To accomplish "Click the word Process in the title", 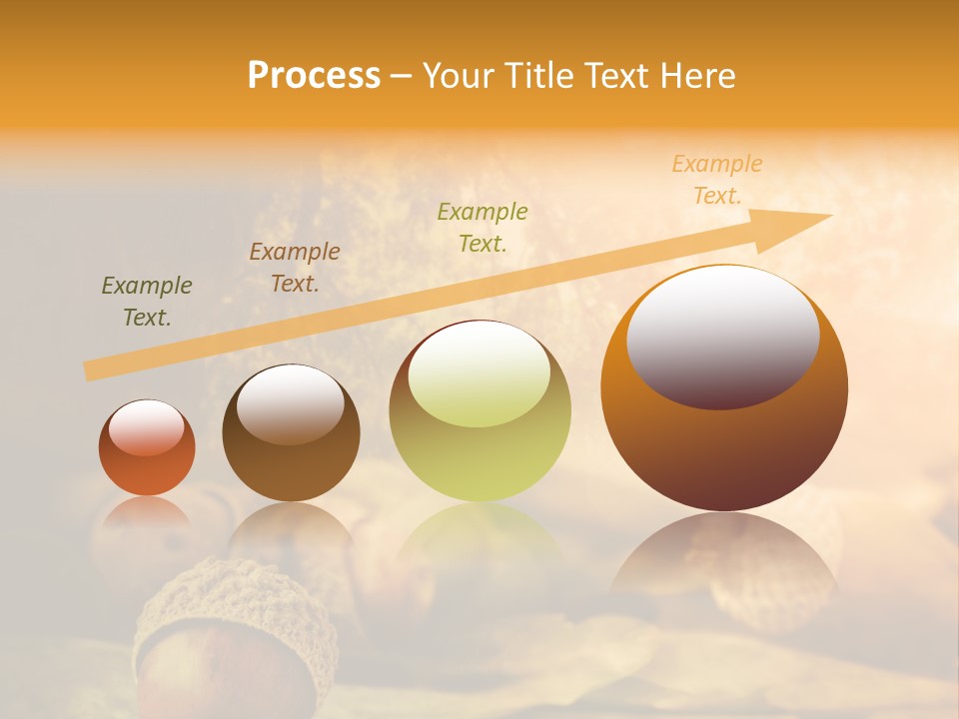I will click(x=314, y=76).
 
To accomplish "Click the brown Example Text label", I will click(x=295, y=268).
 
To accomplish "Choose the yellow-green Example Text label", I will click(x=482, y=227).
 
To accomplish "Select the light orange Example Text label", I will click(x=716, y=180).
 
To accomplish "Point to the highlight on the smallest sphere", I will click(x=147, y=427).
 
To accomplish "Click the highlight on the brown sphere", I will click(x=290, y=403).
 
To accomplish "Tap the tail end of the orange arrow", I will click(x=93, y=370).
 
